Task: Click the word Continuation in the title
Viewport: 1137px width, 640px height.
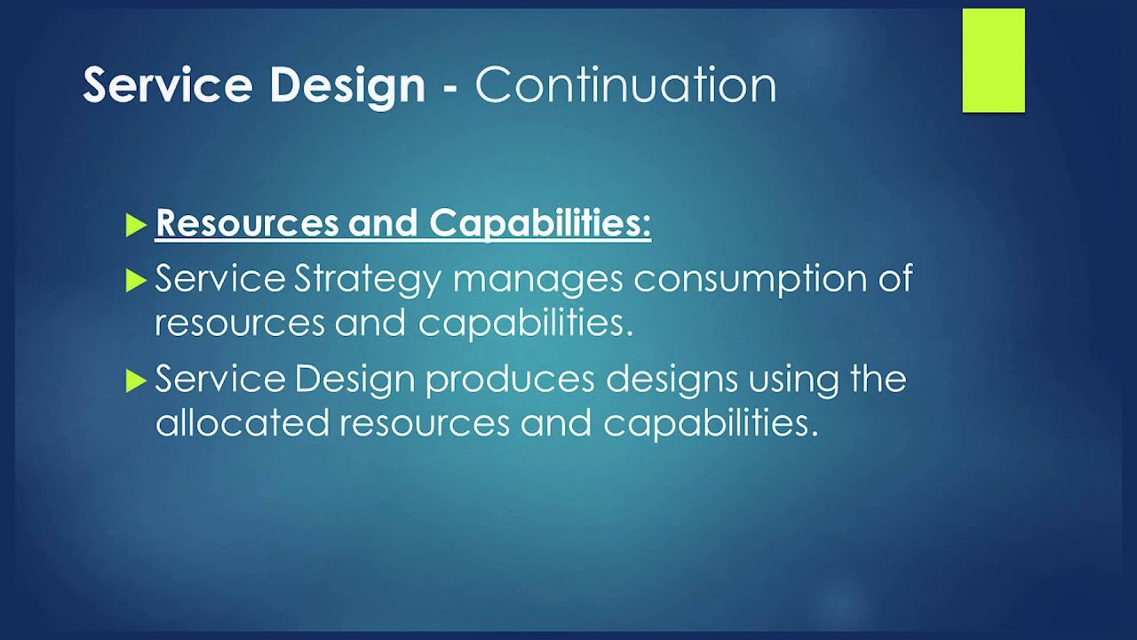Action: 625,85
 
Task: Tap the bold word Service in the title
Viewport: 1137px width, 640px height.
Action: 165,85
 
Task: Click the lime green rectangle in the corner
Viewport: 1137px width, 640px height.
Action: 993,60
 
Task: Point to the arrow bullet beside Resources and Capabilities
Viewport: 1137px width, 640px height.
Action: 135,226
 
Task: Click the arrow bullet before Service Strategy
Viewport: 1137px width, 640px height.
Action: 135,281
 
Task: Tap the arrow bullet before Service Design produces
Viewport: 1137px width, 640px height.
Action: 135,381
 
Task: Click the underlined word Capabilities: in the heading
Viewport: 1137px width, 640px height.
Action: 540,224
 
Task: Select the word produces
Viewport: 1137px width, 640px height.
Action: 509,380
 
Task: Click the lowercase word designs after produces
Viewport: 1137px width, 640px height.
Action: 672,380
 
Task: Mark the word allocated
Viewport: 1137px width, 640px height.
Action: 242,423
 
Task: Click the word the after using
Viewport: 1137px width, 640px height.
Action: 878,379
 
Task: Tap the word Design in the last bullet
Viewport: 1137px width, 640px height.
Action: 354,380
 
